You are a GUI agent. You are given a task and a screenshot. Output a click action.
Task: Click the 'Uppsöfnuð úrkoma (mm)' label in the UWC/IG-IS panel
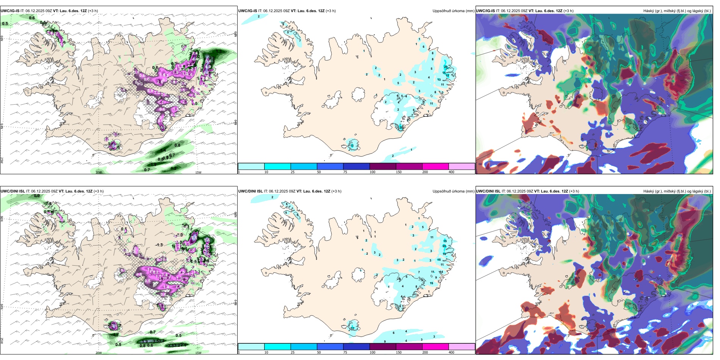coord(453,11)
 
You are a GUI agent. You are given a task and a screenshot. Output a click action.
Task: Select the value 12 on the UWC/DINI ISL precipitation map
coord(352,328)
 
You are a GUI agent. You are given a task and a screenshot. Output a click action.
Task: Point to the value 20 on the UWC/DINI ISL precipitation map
coord(444,246)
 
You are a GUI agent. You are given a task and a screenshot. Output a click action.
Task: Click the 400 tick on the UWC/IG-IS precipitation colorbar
coord(451,172)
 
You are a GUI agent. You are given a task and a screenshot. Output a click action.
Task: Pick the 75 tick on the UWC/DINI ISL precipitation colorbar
coord(345,352)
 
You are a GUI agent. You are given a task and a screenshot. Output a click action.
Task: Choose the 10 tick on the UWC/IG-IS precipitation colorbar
coord(266,172)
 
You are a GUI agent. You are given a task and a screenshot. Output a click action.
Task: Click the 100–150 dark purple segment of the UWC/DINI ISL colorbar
coord(383,347)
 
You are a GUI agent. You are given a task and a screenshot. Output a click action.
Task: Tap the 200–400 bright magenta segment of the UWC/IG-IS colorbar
coord(435,166)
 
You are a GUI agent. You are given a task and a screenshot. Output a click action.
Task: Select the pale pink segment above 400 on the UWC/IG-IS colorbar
coord(462,166)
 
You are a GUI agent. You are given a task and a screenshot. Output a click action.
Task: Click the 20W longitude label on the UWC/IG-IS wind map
coord(99,172)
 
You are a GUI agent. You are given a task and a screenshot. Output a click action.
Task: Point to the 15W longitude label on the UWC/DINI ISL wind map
coord(198,353)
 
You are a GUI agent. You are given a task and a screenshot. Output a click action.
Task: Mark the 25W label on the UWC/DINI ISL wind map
coord(2,341)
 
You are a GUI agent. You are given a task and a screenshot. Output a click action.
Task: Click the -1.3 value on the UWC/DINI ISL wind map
coord(159,245)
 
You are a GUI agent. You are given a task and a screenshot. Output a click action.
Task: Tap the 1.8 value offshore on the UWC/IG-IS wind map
coord(153,164)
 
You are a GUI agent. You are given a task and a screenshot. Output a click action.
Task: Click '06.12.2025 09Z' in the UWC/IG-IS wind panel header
coord(38,11)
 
